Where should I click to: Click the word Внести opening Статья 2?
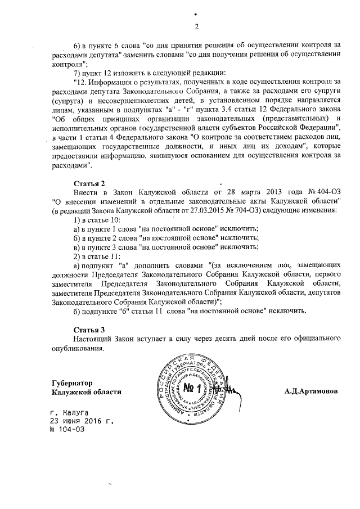[x=85, y=192]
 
